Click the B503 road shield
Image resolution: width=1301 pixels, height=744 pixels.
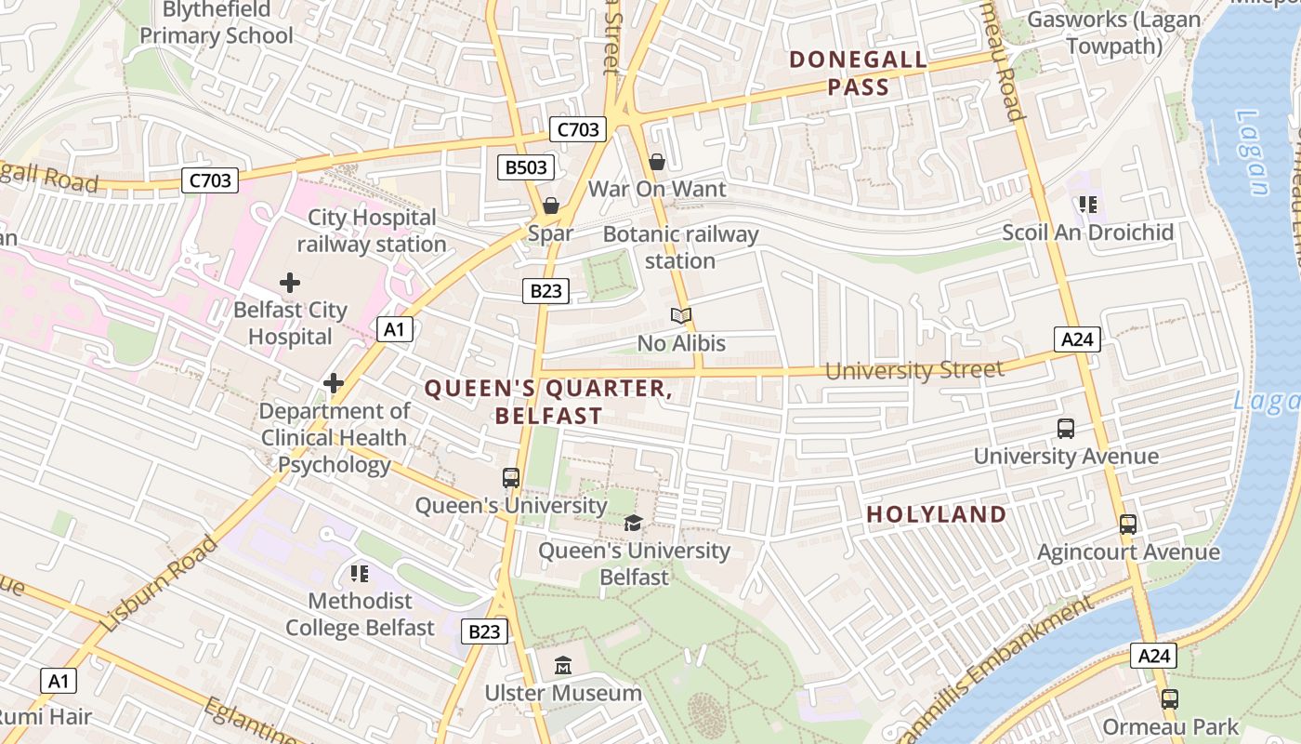pos(526,167)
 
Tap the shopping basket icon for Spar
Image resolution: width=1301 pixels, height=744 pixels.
pos(551,206)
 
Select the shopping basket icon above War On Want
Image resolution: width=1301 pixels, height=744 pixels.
pos(657,162)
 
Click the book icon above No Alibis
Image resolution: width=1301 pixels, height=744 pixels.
pos(681,316)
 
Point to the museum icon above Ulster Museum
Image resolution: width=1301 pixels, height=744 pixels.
pos(563,666)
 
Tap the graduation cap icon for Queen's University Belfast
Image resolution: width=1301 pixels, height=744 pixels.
pos(634,523)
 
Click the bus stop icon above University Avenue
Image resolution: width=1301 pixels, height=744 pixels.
pos(1066,429)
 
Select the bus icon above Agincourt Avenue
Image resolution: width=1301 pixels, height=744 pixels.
pos(1128,525)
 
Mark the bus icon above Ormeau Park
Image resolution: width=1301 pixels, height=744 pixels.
pos(1170,699)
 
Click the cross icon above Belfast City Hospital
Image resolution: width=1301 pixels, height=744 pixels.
pos(290,282)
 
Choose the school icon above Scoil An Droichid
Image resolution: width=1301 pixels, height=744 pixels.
pos(1087,205)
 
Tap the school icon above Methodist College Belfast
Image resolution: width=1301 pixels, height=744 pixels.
pos(360,573)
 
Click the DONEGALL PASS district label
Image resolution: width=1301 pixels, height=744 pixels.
pos(858,74)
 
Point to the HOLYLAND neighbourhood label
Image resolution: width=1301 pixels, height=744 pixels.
pos(937,514)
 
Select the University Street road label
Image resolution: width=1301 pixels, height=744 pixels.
pos(914,370)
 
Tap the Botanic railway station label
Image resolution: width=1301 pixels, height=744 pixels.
pos(680,247)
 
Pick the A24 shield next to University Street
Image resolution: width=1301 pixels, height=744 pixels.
pos(1077,339)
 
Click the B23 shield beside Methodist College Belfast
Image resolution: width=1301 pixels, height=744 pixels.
pos(484,632)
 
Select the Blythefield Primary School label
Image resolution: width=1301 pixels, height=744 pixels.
pos(216,24)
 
